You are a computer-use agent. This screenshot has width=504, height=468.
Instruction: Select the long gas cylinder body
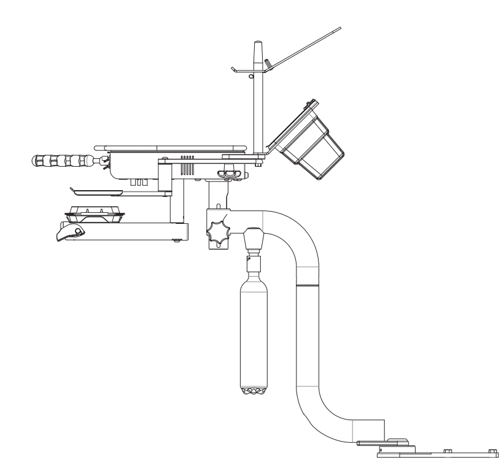[x=252, y=331]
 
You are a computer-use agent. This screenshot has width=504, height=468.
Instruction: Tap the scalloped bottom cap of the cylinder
[x=252, y=391]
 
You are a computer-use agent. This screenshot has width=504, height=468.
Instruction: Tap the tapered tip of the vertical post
[x=258, y=48]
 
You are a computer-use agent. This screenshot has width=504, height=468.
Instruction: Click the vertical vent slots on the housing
[x=187, y=158]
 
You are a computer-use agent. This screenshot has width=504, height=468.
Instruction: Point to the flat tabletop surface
[x=175, y=147]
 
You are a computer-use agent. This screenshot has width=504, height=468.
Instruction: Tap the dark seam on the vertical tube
[x=308, y=285]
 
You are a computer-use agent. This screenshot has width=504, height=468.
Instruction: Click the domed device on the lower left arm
[x=95, y=212]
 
